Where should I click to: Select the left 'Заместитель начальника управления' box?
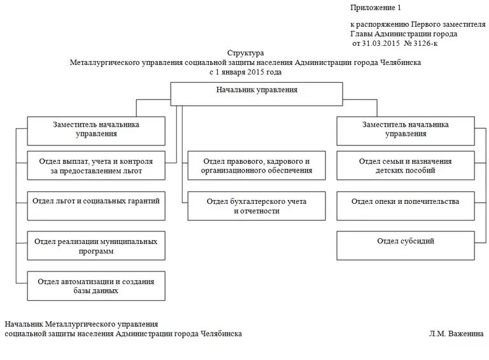96,130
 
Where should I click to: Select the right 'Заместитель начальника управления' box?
405,130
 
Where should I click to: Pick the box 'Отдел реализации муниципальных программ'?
96,246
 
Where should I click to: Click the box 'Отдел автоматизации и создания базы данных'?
96,285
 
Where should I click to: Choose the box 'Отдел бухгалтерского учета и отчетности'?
257,206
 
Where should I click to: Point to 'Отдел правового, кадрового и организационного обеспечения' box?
257,166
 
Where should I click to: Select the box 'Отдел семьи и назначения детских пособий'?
405,166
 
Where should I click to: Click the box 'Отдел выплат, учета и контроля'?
96,166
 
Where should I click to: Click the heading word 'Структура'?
245,54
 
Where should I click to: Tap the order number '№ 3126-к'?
422,43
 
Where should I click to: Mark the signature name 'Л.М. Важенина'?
457,333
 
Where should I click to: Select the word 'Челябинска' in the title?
402,63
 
